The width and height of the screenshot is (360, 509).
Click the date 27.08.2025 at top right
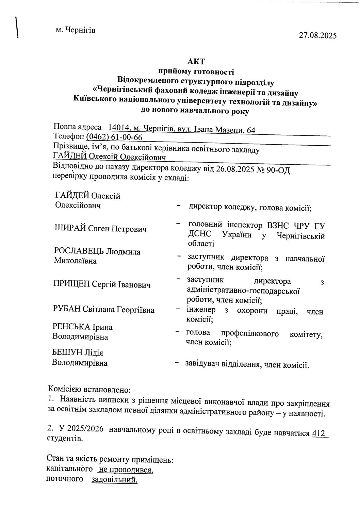(317, 35)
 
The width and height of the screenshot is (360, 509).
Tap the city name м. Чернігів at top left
(76, 30)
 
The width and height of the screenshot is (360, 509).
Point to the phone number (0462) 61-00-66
(114, 137)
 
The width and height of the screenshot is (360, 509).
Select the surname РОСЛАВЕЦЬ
(79, 252)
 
